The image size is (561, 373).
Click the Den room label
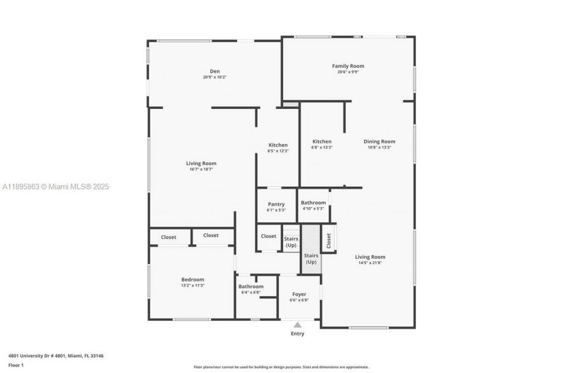pyautogui.click(x=214, y=71)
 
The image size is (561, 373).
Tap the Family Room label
pyautogui.click(x=348, y=66)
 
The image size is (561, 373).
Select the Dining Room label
pyautogui.click(x=379, y=141)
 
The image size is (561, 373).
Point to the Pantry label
pyautogui.click(x=276, y=204)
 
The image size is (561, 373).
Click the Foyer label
pyautogui.click(x=299, y=294)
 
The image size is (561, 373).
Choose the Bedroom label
pyautogui.click(x=192, y=279)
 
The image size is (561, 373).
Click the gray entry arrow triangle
pyautogui.click(x=297, y=325)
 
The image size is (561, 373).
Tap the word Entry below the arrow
pyautogui.click(x=297, y=334)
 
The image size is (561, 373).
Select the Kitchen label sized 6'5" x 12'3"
pyautogui.click(x=278, y=145)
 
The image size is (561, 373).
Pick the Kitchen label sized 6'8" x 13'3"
pyautogui.click(x=322, y=141)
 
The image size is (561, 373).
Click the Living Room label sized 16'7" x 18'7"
pyautogui.click(x=201, y=163)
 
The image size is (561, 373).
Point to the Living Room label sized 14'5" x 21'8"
pyautogui.click(x=370, y=257)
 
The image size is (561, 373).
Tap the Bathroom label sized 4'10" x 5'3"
pyautogui.click(x=313, y=203)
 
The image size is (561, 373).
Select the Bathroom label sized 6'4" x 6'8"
pyautogui.click(x=251, y=286)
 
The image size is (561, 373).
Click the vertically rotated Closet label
pyautogui.click(x=329, y=241)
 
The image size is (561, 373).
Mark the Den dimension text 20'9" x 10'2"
pyautogui.click(x=214, y=77)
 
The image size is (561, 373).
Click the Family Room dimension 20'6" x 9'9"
pyautogui.click(x=348, y=72)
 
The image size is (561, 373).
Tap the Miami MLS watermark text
pyautogui.click(x=56, y=187)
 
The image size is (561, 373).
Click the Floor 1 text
pyautogui.click(x=16, y=365)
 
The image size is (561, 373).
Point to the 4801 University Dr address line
pyautogui.click(x=56, y=355)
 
